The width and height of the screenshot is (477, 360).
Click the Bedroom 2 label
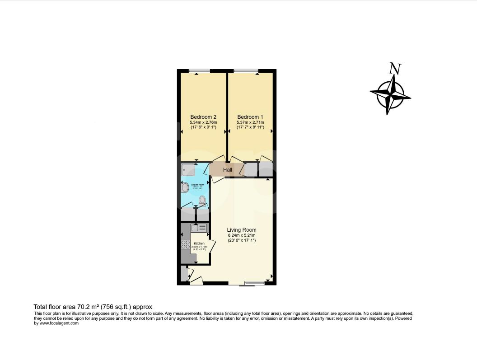click(203, 117)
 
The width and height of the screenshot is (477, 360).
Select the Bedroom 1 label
click(250, 117)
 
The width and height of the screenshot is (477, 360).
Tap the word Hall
click(228, 170)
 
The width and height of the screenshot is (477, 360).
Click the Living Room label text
click(242, 230)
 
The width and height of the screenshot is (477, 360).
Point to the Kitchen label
click(199, 243)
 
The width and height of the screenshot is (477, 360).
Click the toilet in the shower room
click(202, 200)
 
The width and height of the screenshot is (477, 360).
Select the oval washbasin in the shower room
click(185, 187)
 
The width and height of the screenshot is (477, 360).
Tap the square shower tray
click(188, 169)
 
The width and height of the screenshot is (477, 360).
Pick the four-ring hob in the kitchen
click(185, 244)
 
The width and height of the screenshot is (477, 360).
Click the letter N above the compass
click(395, 69)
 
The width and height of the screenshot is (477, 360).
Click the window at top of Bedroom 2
click(199, 70)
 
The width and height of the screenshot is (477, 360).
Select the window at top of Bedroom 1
click(246, 70)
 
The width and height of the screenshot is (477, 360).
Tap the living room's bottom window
click(254, 284)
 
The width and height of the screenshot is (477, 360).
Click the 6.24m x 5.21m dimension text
click(242, 235)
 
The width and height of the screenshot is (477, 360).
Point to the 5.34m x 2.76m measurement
click(203, 122)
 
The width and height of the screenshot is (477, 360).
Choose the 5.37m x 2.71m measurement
click(250, 122)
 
